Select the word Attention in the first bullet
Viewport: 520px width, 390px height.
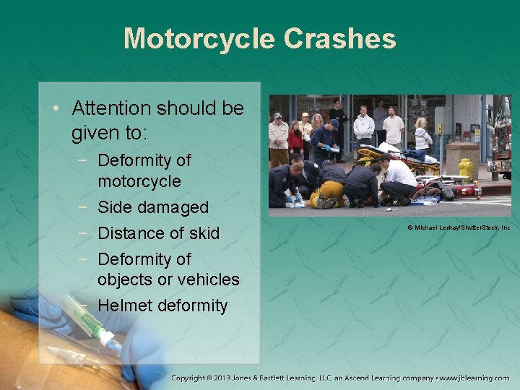click(x=112, y=108)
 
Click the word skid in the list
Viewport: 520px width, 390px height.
click(x=202, y=233)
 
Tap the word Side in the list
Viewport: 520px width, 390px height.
click(x=114, y=207)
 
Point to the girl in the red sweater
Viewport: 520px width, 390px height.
click(x=295, y=137)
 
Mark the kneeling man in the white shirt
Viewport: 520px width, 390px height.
click(x=398, y=180)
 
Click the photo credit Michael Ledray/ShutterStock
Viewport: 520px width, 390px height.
click(x=459, y=227)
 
